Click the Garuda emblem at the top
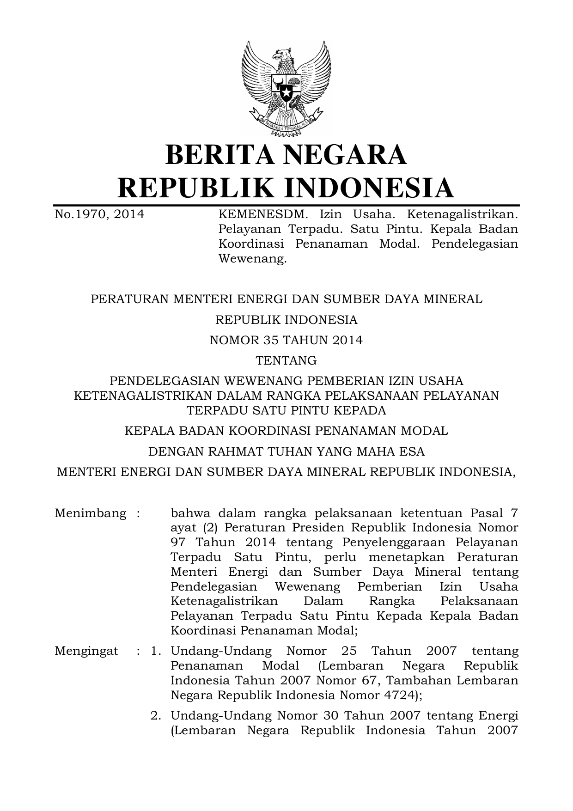[x=286, y=88]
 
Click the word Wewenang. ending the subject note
[x=252, y=259]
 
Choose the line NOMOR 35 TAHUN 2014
[x=286, y=340]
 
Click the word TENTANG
[x=286, y=360]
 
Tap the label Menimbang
[x=91, y=513]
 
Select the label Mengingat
[x=86, y=651]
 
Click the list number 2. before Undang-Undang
[x=156, y=716]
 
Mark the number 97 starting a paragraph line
[x=178, y=543]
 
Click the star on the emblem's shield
[x=286, y=92]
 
